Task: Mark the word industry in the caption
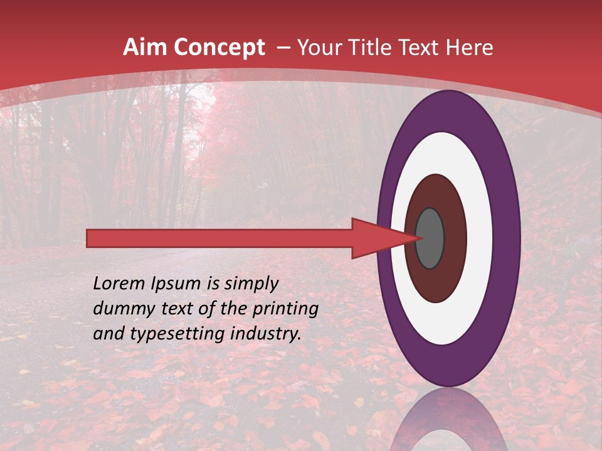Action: [267, 334]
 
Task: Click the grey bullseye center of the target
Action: [430, 239]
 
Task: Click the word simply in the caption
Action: [251, 284]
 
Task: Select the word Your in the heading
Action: [317, 47]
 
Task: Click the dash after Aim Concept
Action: [283, 48]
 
